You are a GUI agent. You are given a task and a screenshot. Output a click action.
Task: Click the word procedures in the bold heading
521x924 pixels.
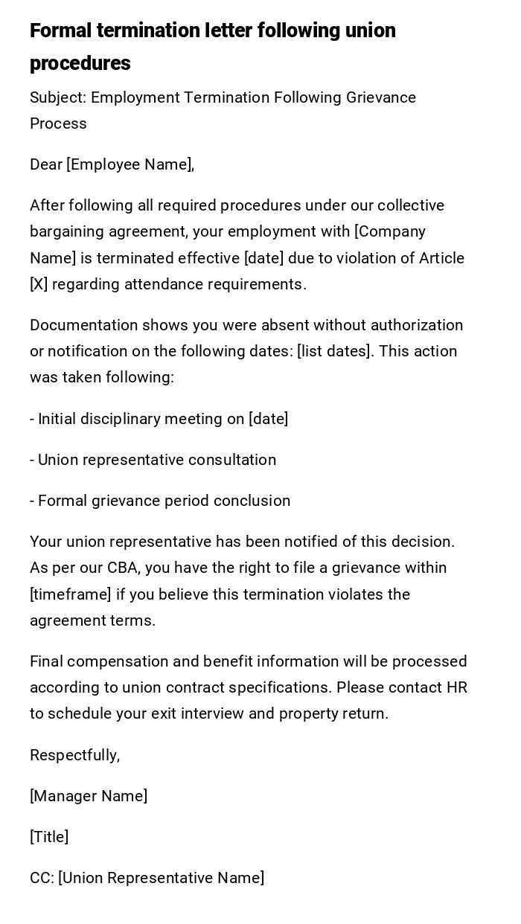tap(80, 63)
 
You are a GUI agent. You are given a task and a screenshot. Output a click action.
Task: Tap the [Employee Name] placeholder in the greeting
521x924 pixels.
tap(130, 164)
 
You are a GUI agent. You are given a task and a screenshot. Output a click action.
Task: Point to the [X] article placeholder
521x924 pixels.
tap(39, 284)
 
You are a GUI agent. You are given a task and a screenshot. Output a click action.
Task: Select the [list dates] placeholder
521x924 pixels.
tap(335, 351)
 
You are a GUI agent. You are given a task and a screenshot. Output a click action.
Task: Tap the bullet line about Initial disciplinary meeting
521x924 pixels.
tap(159, 419)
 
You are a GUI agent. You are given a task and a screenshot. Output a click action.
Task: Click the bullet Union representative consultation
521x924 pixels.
tap(153, 460)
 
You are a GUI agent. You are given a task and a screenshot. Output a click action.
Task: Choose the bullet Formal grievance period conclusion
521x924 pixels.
tap(160, 501)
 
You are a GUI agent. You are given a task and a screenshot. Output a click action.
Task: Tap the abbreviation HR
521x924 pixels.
tap(456, 687)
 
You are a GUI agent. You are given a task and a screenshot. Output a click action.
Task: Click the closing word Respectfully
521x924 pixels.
tap(74, 755)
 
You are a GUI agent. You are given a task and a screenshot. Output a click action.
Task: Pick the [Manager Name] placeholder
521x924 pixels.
tap(89, 796)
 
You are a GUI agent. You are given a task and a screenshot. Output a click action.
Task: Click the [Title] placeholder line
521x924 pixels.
tap(49, 837)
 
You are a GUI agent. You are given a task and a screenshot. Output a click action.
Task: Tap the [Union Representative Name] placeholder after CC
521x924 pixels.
tap(161, 878)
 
